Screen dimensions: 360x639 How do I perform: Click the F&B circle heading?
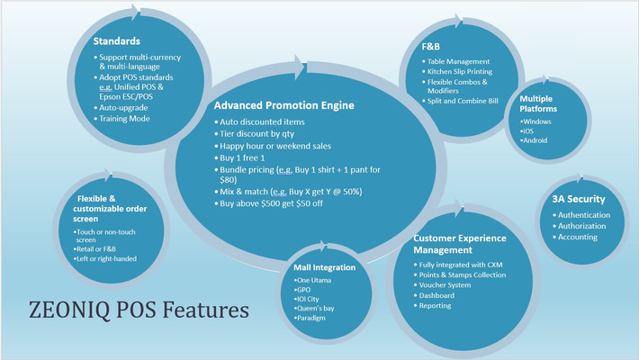[x=433, y=46]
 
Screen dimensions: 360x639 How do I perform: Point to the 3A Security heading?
[x=577, y=199]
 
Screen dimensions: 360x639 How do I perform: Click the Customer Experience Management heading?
[x=459, y=245]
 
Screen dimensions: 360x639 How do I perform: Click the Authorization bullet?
[x=583, y=226]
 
